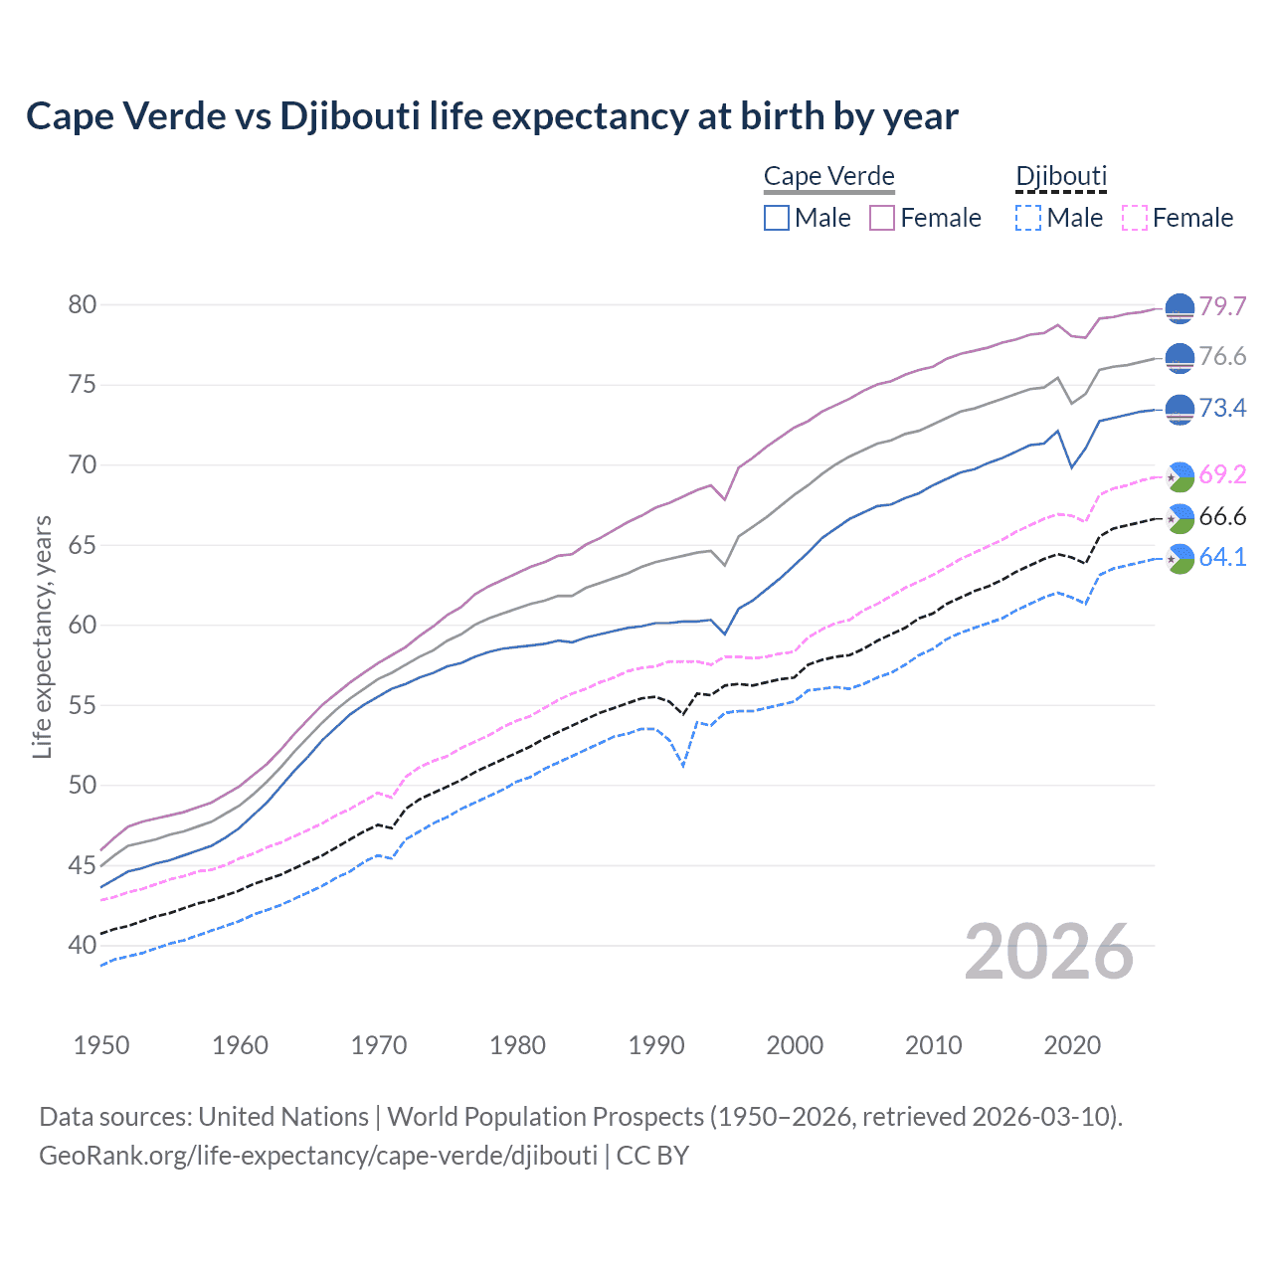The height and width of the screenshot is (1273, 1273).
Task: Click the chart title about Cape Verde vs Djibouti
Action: click(491, 116)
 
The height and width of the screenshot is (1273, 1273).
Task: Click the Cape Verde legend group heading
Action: click(828, 177)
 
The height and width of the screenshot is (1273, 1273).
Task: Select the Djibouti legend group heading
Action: click(1060, 177)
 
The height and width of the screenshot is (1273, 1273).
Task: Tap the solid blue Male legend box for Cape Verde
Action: click(777, 218)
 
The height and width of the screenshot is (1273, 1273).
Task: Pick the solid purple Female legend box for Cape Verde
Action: click(882, 218)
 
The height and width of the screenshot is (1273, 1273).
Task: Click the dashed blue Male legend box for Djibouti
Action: click(1028, 218)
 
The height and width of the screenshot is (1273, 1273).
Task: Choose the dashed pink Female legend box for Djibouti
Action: click(1134, 218)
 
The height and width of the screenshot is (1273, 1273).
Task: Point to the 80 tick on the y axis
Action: click(83, 304)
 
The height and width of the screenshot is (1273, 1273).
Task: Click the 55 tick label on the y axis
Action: click(83, 706)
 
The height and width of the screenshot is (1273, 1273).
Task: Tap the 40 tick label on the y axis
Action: click(83, 946)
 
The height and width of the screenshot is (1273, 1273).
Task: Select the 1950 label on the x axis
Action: click(101, 1045)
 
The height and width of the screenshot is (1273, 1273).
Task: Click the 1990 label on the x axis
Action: click(656, 1045)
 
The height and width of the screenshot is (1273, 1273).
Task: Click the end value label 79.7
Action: click(1222, 306)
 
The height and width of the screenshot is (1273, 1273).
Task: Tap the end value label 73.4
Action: click(1222, 409)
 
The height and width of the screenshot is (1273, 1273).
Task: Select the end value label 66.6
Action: click(1222, 516)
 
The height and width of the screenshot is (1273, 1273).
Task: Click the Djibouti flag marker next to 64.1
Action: click(1180, 559)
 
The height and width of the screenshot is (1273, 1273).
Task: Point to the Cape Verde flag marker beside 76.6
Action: click(1180, 358)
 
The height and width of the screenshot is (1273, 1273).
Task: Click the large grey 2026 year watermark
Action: click(1049, 952)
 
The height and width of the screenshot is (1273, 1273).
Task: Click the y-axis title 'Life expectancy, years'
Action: click(42, 636)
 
